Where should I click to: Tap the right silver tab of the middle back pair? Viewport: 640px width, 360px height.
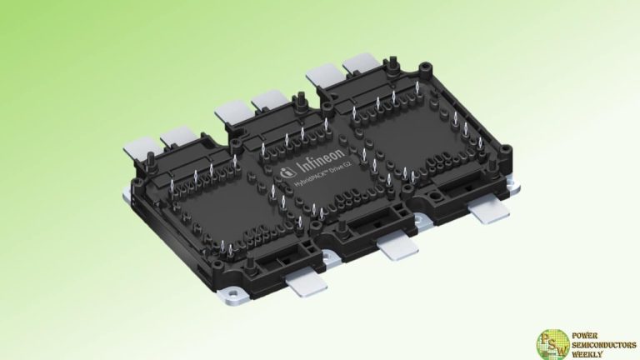point(268,100)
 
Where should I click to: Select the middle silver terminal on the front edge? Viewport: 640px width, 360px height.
point(397,246)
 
